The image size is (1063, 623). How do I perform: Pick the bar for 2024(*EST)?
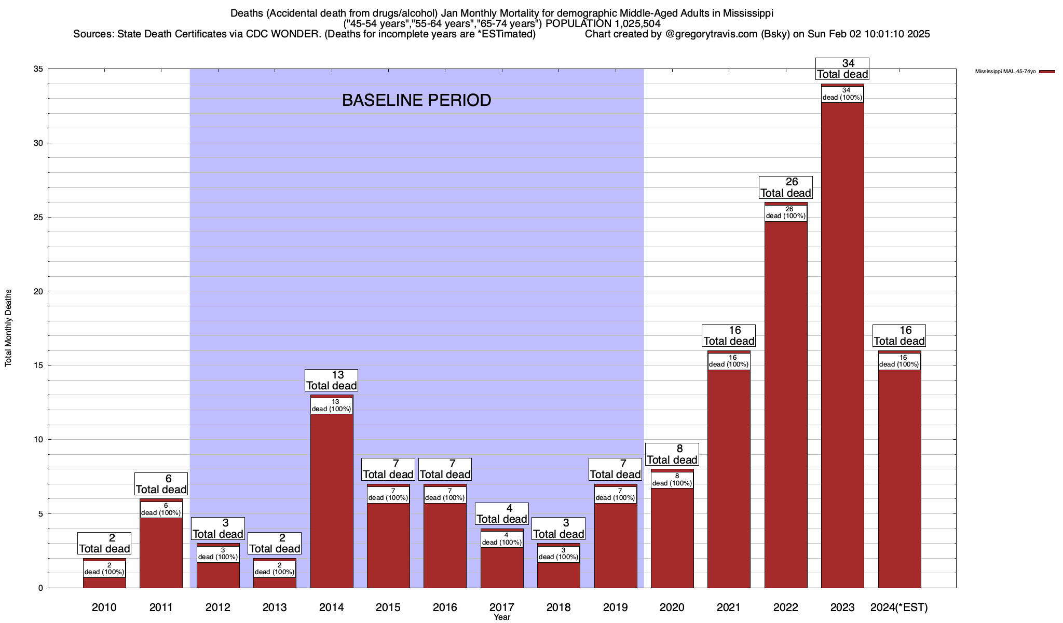pyautogui.click(x=900, y=478)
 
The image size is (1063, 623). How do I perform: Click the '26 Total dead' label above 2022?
pyautogui.click(x=786, y=187)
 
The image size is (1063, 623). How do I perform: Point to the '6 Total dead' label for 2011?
pyautogui.click(x=161, y=484)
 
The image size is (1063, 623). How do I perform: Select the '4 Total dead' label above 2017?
pyautogui.click(x=502, y=513)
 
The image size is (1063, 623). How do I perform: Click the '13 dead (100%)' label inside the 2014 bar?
pyautogui.click(x=332, y=405)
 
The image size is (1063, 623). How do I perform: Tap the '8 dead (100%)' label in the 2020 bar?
pyautogui.click(x=672, y=480)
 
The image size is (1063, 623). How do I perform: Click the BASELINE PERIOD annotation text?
pyautogui.click(x=416, y=100)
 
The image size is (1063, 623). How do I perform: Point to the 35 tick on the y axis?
pyautogui.click(x=38, y=69)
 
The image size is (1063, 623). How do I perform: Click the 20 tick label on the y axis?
pyautogui.click(x=38, y=291)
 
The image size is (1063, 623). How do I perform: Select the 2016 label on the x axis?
pyautogui.click(x=445, y=607)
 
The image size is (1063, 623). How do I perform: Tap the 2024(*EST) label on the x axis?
pyautogui.click(x=899, y=607)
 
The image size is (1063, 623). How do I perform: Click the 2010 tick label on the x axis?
pyautogui.click(x=104, y=607)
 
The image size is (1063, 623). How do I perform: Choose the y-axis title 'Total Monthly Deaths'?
pyautogui.click(x=8, y=328)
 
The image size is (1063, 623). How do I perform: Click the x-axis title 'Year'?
pyautogui.click(x=502, y=617)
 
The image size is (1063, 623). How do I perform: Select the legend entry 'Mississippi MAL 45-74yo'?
pyautogui.click(x=1005, y=71)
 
